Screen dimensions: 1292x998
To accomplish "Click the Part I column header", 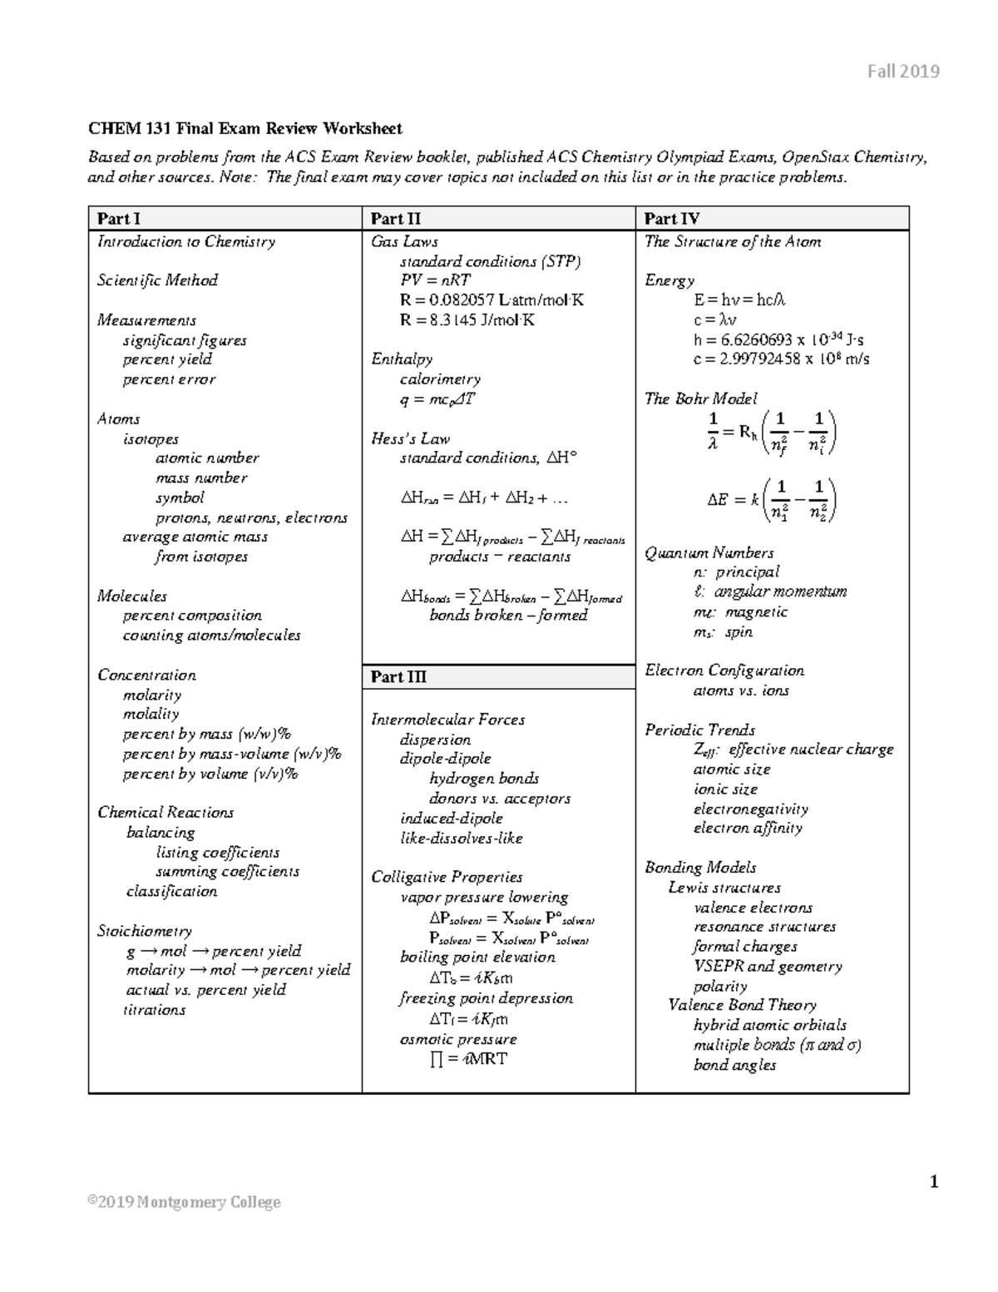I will coord(119,219).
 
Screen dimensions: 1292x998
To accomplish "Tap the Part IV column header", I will coord(672,219).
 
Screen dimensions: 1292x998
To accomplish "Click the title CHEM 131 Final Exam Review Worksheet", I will coord(245,128).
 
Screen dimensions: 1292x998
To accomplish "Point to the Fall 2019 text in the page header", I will coord(903,72).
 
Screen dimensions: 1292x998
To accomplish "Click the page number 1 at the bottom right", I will coord(934,1181).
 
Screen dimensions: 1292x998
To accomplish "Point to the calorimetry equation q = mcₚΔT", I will coord(437,399).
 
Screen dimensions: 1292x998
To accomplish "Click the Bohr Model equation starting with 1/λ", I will coord(772,432).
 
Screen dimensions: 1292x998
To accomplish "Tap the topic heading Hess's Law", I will coord(411,438).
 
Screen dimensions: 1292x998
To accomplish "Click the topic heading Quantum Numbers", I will coord(709,552).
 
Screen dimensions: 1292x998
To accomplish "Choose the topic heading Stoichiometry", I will coord(145,931).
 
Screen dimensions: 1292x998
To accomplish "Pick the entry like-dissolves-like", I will coord(462,838).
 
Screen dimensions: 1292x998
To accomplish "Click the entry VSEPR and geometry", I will coord(768,966).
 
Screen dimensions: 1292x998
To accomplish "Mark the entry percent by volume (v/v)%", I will coord(210,774).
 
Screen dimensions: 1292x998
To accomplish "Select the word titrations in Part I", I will coord(155,1010).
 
